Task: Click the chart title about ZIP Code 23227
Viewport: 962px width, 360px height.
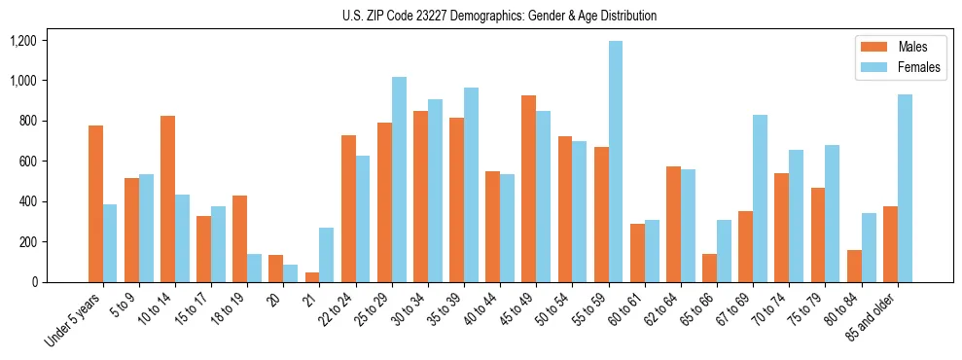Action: pos(500,16)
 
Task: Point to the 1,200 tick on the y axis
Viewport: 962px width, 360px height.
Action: pos(22,41)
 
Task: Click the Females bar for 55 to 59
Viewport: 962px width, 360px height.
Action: pos(616,162)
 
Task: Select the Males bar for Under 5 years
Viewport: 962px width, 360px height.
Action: pos(95,203)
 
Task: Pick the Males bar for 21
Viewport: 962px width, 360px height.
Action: pos(312,277)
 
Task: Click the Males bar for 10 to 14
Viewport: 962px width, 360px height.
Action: pos(167,199)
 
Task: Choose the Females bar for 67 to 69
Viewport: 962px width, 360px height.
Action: pos(760,198)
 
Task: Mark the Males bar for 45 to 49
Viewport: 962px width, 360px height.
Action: pos(529,189)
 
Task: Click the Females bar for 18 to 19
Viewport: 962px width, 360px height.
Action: pos(254,268)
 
